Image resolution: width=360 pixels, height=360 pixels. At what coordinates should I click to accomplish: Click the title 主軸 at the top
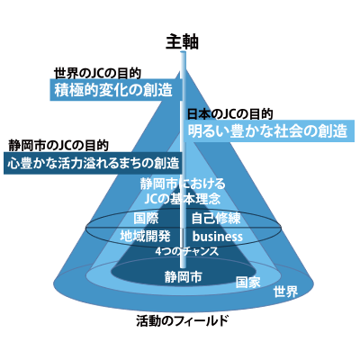coord(182,41)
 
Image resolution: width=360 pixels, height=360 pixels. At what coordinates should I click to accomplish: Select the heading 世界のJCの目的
coord(97,73)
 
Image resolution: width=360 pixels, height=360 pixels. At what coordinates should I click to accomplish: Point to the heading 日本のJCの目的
coord(230,114)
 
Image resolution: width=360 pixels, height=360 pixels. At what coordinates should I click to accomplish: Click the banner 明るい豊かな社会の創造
coord(269,130)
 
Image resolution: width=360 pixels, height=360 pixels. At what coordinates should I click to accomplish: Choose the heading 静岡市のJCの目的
coord(58,146)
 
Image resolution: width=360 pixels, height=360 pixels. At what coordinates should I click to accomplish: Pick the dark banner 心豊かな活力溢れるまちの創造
coord(93,163)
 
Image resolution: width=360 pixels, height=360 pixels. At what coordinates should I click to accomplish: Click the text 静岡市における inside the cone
coord(183,184)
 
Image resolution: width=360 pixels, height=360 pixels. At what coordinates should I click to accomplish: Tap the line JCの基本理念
coord(183,199)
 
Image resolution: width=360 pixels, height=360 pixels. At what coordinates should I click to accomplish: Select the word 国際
coord(146,218)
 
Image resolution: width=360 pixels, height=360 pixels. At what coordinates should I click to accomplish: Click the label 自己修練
coord(216,218)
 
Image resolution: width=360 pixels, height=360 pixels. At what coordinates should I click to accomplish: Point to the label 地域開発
coord(145,236)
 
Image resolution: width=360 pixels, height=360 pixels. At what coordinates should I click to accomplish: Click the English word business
coord(218,237)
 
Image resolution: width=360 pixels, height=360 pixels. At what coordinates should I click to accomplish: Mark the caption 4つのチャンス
coord(187,251)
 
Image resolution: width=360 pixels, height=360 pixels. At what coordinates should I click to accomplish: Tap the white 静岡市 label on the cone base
coord(183,276)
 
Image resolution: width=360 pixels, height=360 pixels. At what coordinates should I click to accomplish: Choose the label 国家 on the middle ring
coord(247,283)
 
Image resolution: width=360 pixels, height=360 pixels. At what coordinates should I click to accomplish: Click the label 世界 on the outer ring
coord(285,292)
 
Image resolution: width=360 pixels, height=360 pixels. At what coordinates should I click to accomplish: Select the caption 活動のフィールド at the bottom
coord(182,321)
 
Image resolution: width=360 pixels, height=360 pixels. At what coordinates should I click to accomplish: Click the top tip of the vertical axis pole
coord(183,52)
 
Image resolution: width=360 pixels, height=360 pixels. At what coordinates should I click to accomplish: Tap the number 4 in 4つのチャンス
coord(158,252)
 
